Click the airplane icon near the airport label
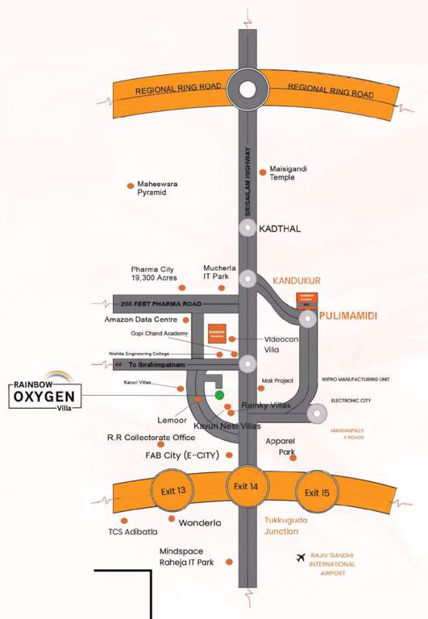[x=301, y=558]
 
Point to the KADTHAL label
[x=280, y=229]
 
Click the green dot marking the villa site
[x=219, y=395]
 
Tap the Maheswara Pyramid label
[x=157, y=189]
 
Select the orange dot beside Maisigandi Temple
[x=263, y=172]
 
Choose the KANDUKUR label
[x=297, y=280]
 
